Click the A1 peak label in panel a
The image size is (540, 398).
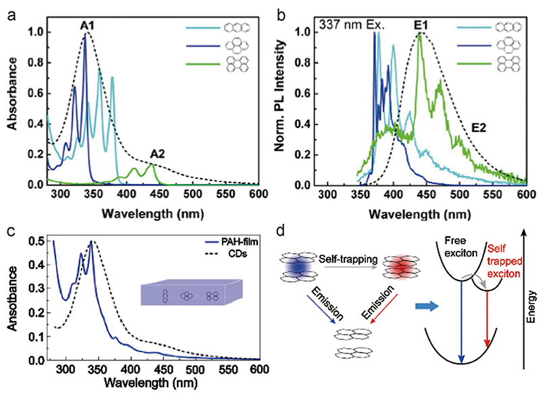point(87,26)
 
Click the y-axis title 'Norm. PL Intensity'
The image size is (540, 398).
point(287,107)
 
